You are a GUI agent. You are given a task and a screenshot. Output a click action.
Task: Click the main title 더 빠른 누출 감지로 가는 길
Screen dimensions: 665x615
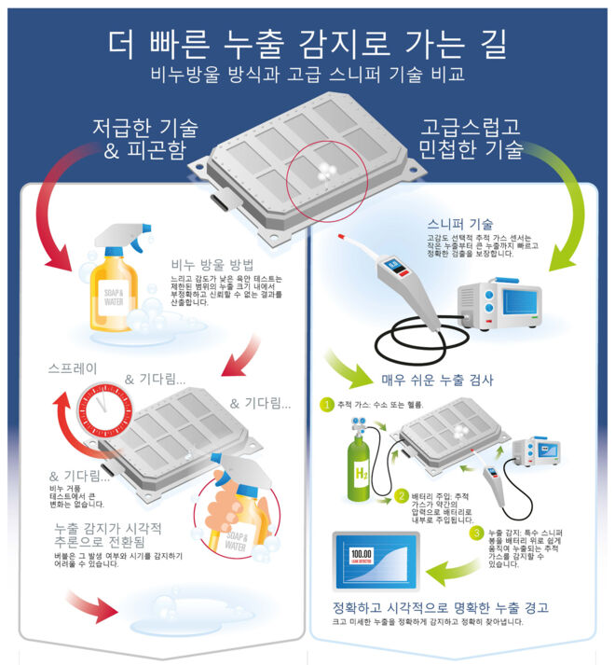(307, 42)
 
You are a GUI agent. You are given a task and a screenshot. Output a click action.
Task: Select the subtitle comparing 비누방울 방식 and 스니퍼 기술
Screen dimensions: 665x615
(307, 75)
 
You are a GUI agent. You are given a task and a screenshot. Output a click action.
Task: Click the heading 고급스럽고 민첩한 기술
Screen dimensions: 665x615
(471, 137)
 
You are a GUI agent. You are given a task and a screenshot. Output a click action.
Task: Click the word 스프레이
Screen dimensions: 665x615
(73, 368)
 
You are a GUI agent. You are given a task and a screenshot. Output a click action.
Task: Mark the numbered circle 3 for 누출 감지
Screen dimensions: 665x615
(476, 533)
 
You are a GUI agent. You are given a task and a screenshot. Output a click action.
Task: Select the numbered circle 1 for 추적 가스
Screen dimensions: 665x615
(326, 405)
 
